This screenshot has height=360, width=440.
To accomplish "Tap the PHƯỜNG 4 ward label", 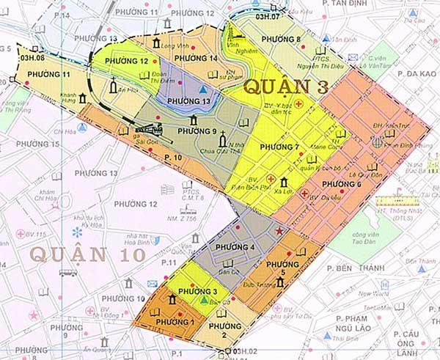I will coord(232,248).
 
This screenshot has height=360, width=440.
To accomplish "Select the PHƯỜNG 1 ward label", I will coord(173,321).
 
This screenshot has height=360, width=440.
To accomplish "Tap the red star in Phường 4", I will coord(278,232).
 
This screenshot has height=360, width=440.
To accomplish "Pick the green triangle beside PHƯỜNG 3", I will coord(203,301).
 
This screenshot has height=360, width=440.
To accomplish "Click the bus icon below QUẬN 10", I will coord(68,273).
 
